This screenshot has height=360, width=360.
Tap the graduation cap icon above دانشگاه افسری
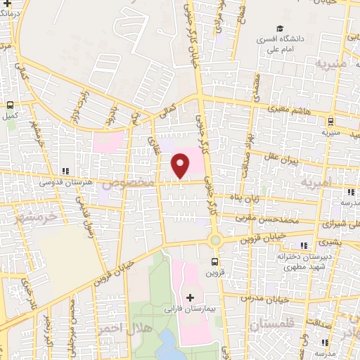tap(280, 29)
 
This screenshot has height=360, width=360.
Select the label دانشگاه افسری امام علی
tap(280, 45)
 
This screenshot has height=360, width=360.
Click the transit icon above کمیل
tap(10, 104)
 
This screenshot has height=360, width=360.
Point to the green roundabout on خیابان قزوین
tap(215, 240)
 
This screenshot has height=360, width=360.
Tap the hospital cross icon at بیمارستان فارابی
tap(190, 297)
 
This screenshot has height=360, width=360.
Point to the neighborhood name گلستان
tap(269, 325)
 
